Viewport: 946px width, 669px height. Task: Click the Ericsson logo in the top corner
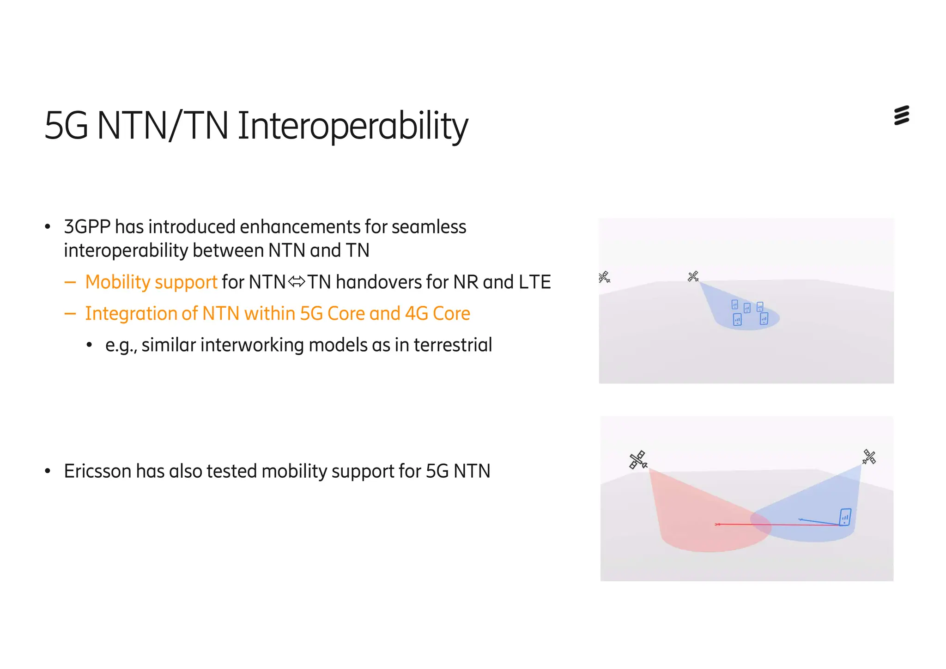(x=901, y=116)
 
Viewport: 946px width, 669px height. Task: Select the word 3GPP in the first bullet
(x=87, y=227)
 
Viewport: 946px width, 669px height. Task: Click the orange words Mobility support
(x=151, y=282)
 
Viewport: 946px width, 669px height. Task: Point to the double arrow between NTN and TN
(x=297, y=281)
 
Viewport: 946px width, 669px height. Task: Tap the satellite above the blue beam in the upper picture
(x=693, y=276)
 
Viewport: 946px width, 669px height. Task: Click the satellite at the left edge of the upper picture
(x=604, y=277)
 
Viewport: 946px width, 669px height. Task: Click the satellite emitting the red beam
(x=638, y=460)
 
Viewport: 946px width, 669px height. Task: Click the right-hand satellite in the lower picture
(x=869, y=457)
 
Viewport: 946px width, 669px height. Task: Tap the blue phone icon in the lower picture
(x=845, y=517)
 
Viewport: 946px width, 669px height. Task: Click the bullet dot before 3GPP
(x=48, y=227)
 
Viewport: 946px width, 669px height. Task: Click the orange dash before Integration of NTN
(x=70, y=314)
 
